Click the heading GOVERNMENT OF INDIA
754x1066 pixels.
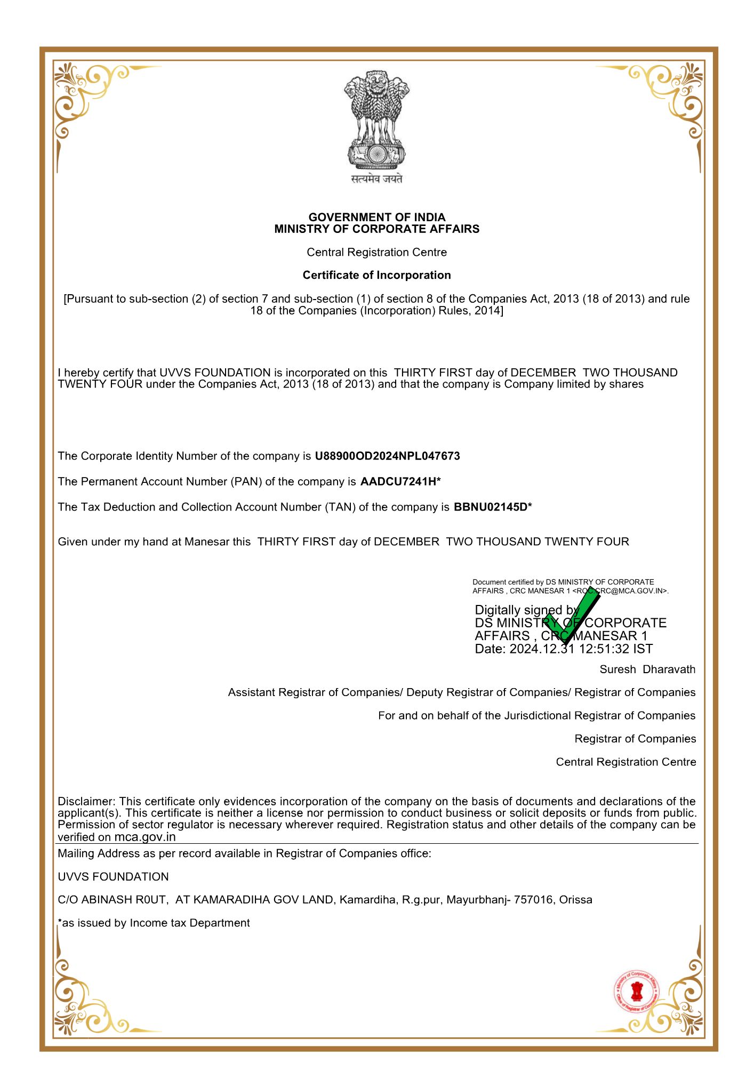(x=376, y=217)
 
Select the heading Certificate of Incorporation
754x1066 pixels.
(x=376, y=275)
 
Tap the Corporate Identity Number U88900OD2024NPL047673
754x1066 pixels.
(x=387, y=456)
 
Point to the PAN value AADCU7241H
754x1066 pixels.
(x=398, y=482)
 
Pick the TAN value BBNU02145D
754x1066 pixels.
(x=490, y=507)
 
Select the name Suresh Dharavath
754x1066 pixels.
(x=647, y=669)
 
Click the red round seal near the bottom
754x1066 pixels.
(x=636, y=992)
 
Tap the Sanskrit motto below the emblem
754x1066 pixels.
(x=376, y=179)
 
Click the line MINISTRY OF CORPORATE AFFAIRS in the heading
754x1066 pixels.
(x=376, y=229)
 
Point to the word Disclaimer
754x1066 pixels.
(x=86, y=802)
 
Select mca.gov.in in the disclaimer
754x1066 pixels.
(x=145, y=837)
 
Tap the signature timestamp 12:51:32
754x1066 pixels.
(x=604, y=649)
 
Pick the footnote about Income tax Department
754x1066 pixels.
(x=154, y=923)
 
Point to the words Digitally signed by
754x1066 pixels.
(x=527, y=610)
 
